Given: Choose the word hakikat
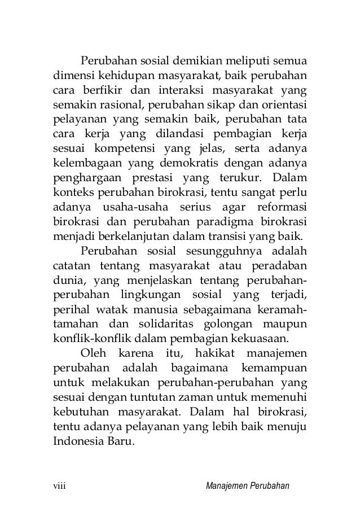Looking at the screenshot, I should point(212,353).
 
